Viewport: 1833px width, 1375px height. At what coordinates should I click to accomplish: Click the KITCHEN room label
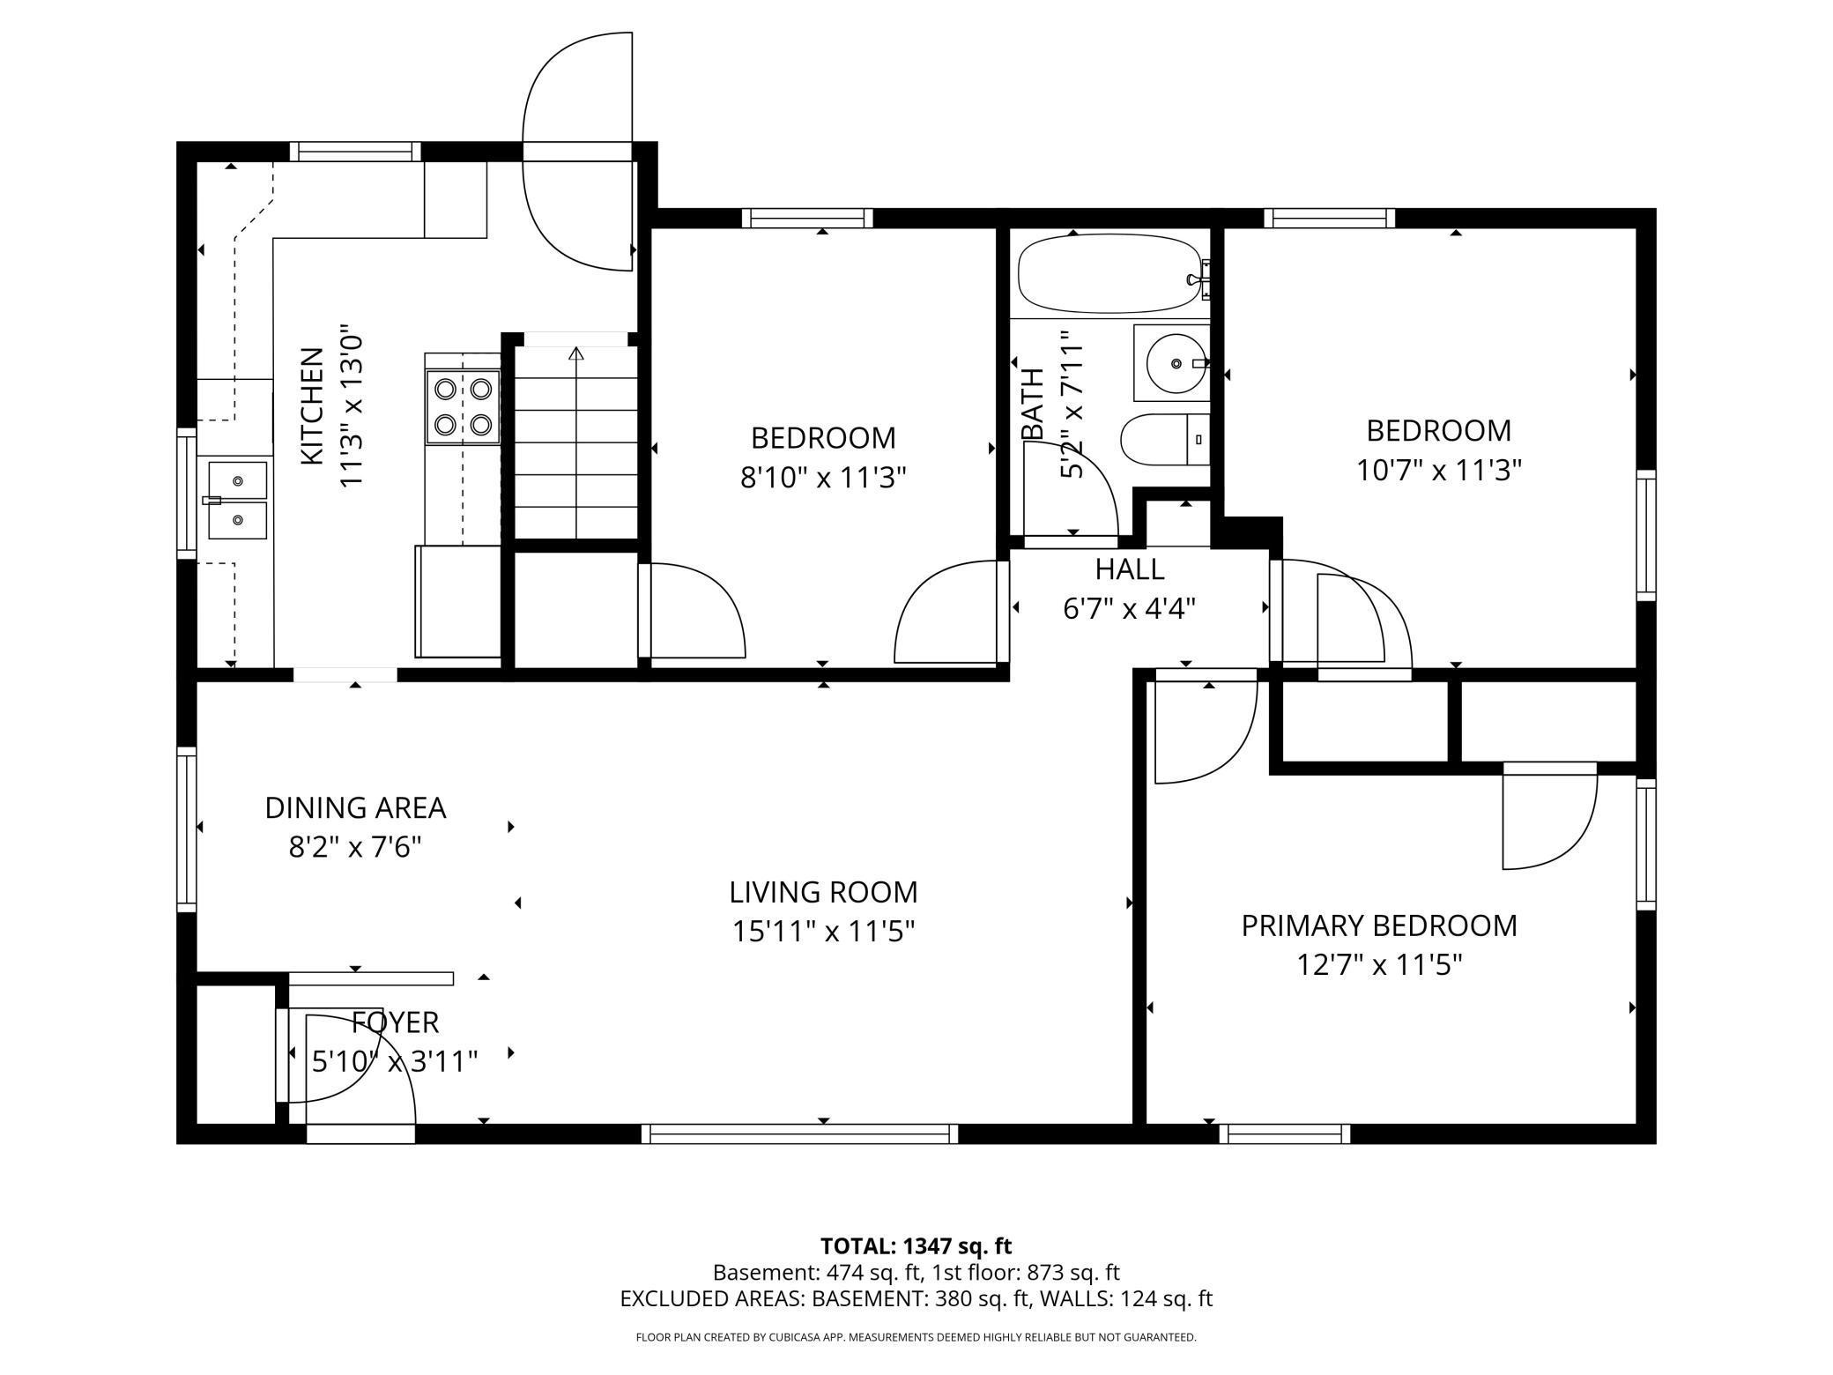point(312,406)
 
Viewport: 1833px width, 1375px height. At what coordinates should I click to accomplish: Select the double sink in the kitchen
point(237,501)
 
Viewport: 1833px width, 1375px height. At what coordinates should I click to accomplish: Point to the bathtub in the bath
point(1113,273)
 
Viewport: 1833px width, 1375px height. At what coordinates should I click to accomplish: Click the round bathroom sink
point(1176,363)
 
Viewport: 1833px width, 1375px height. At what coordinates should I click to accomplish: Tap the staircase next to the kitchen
point(576,442)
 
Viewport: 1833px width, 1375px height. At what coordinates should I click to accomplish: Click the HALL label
point(1130,569)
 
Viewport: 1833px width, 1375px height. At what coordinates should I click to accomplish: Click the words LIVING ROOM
point(823,892)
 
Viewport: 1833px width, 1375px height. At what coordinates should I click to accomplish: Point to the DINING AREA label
point(355,807)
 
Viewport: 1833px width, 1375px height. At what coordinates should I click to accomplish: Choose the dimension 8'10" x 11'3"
point(823,477)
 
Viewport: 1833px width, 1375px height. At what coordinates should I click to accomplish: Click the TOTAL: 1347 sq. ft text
point(916,1246)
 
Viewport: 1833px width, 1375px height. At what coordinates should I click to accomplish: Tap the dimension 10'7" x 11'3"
point(1438,470)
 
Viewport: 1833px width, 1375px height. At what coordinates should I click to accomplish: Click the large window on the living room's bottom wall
point(799,1134)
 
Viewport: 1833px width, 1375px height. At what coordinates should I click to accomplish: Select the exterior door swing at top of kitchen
point(577,152)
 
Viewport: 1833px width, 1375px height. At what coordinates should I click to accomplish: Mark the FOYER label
point(395,1022)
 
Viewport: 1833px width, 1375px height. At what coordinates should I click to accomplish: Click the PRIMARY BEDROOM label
point(1379,925)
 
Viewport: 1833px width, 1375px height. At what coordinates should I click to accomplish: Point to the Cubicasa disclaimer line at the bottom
point(916,1337)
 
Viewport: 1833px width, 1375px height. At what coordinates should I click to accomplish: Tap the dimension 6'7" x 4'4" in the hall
point(1130,609)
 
